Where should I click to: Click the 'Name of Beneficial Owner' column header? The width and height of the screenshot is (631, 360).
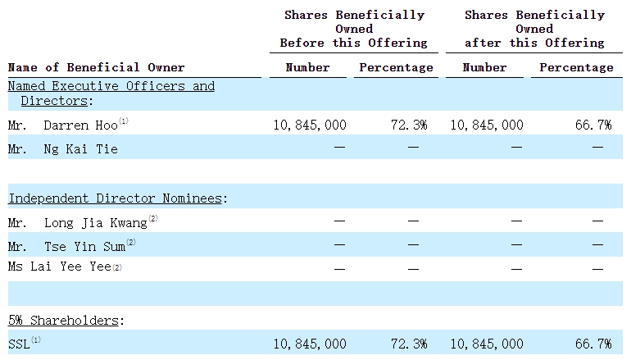click(97, 67)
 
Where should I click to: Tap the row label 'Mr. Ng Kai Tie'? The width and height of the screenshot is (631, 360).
click(63, 148)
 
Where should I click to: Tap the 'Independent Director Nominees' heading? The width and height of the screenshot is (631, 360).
click(117, 198)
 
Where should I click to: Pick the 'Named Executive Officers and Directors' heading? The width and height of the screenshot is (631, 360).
click(111, 93)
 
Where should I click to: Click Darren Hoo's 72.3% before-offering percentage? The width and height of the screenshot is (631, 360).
click(410, 125)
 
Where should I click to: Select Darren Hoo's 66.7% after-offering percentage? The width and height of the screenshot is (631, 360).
click(593, 125)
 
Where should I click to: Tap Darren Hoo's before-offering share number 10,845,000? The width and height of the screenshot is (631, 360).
click(310, 125)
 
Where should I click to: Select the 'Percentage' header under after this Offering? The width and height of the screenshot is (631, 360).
click(576, 67)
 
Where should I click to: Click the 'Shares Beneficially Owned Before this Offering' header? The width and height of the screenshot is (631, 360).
click(354, 29)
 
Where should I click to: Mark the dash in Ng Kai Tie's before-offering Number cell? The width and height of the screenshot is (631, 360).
click(340, 148)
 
